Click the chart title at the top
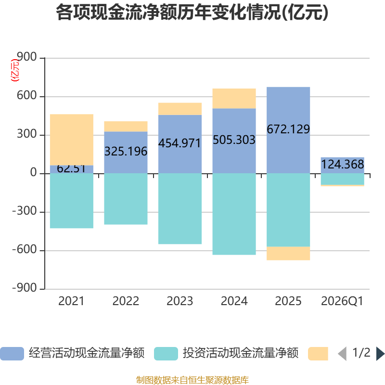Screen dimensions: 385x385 [192, 13]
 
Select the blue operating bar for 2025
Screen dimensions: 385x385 [288, 130]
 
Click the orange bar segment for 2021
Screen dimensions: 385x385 [72, 140]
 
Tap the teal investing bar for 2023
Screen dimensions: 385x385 [180, 209]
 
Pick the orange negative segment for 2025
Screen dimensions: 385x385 [288, 253]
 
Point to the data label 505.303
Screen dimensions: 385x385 [234, 140]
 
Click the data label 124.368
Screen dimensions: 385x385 [343, 164]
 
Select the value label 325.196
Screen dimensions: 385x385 [126, 151]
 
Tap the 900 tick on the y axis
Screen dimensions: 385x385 [27, 57]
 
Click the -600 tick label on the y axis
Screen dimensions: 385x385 [25, 249]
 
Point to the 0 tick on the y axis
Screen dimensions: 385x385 [33, 172]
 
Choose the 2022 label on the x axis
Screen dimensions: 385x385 [126, 301]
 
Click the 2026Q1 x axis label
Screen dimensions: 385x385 [342, 301]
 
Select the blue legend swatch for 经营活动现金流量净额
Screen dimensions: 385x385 [12, 354]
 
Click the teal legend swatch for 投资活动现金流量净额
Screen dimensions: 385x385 [166, 354]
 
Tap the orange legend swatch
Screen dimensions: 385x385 [318, 354]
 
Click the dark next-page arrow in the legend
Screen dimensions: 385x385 [380, 354]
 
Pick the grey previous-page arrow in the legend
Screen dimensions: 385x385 [343, 354]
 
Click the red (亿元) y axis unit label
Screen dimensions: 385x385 [15, 70]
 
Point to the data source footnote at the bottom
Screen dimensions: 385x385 [192, 380]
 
